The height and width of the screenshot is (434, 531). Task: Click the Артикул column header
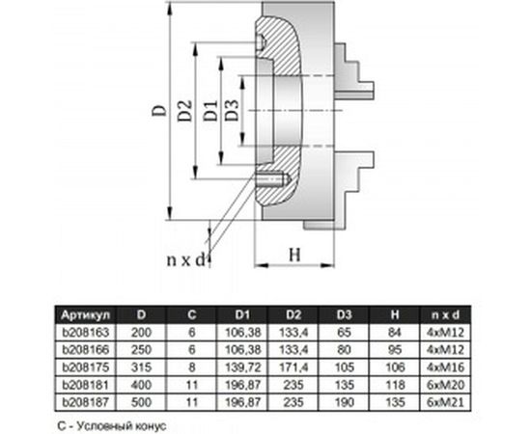coord(88,314)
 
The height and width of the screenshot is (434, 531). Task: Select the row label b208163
coord(87,331)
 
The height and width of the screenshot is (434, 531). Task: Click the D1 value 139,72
coord(243,366)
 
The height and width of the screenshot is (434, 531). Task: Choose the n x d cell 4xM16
coord(442,366)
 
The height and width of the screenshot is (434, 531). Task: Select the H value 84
coord(393,331)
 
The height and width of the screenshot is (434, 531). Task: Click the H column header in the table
coord(393,314)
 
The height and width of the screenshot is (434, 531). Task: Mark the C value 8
coord(193,366)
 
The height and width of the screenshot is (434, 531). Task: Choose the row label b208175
coord(87,366)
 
